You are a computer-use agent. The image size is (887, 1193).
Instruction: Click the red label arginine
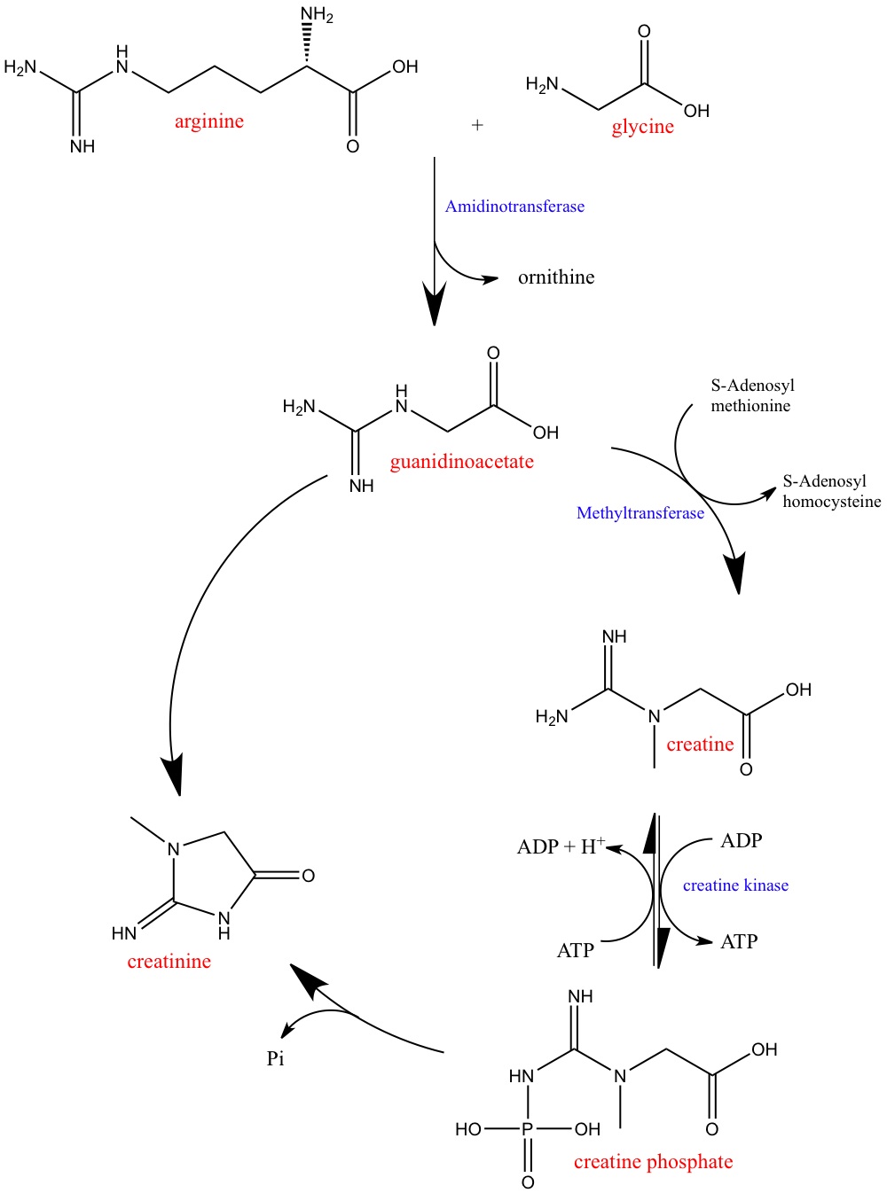point(208,122)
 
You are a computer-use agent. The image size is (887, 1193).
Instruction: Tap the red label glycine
point(643,127)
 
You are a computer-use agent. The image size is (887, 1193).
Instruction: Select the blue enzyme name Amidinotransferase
point(514,207)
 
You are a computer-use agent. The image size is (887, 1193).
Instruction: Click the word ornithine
point(556,277)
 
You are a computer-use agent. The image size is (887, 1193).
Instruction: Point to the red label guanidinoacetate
point(462,462)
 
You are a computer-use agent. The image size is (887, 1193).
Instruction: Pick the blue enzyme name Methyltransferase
point(640,513)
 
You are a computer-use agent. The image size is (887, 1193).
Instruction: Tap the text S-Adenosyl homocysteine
point(832,491)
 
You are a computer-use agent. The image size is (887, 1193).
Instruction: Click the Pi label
point(275,1058)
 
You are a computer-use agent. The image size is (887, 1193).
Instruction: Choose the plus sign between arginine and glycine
point(477,125)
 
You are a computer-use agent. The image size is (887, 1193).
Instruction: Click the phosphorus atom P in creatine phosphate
point(528,1129)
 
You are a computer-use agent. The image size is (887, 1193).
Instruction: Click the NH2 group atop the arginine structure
point(317,14)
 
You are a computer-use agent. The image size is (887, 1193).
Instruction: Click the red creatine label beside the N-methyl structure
point(700,745)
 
